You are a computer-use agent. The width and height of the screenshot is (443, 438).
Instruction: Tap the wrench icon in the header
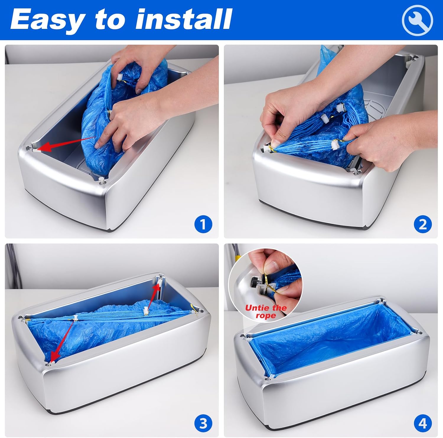pos(417,20)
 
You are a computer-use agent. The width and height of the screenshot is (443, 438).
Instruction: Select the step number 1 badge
pos(203,224)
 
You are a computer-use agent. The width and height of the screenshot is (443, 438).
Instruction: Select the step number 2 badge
pos(423,224)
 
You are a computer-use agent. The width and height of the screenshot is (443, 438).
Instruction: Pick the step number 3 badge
pos(203,423)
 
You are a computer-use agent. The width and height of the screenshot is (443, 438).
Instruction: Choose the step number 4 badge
pos(423,423)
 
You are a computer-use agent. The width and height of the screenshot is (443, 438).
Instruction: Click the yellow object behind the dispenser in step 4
pos(237,257)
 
